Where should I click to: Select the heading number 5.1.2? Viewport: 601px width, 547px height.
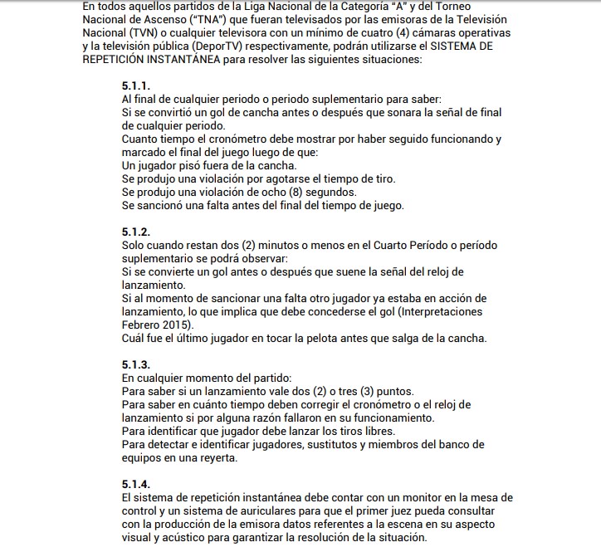[135, 232]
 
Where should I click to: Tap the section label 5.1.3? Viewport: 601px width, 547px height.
[135, 365]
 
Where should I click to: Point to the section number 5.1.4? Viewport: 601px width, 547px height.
[135, 485]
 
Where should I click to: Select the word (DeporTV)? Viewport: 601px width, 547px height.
[223, 46]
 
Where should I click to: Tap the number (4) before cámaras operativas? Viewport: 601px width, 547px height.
[402, 32]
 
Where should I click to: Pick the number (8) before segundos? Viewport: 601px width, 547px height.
[297, 193]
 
